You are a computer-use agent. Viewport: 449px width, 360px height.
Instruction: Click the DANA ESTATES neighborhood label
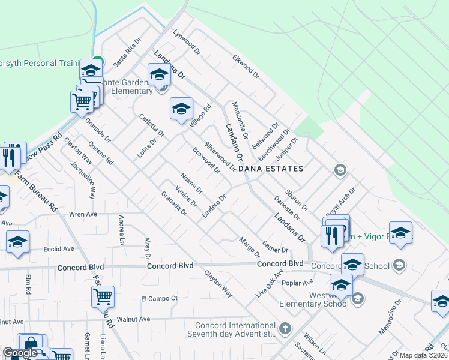click(x=271, y=169)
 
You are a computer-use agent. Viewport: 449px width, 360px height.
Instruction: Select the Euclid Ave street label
click(x=59, y=248)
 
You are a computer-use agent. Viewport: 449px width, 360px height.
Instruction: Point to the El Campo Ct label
click(x=160, y=298)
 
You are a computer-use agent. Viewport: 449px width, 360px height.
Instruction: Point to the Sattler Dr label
click(x=276, y=246)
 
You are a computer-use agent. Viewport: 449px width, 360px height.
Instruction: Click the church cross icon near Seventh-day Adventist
click(x=285, y=329)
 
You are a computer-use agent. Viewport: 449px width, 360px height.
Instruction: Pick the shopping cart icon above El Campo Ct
click(x=103, y=296)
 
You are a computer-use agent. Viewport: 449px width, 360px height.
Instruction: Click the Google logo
click(x=20, y=353)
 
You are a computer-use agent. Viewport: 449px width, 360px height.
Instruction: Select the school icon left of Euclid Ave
click(x=17, y=242)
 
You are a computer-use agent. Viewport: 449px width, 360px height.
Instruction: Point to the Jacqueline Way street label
click(x=83, y=180)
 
